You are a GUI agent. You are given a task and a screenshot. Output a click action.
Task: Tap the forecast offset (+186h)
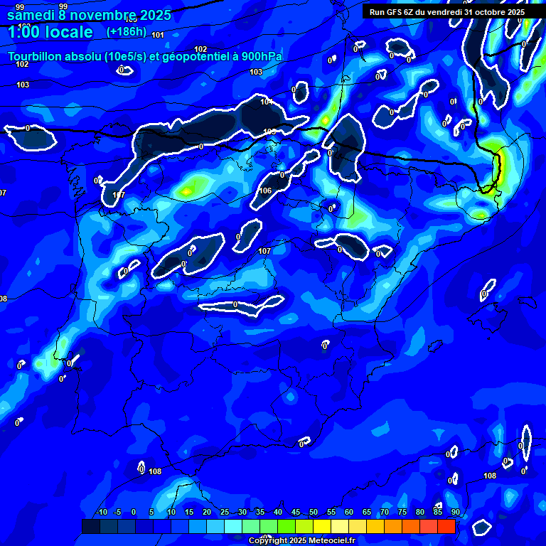pyautogui.click(x=126, y=31)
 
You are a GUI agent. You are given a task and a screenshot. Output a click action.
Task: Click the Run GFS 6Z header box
pyautogui.click(x=447, y=12)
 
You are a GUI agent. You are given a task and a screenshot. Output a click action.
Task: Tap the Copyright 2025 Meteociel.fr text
pyautogui.click(x=301, y=540)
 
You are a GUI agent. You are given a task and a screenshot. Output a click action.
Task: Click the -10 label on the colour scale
pyautogui.click(x=101, y=512)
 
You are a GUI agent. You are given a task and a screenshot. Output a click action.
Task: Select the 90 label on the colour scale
pyautogui.click(x=455, y=512)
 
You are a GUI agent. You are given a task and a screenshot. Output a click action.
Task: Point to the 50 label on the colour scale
pyautogui.click(x=313, y=512)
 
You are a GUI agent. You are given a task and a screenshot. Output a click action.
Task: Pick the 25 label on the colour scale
pyautogui.click(x=224, y=512)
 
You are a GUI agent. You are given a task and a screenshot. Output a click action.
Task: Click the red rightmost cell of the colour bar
pyautogui.click(x=446, y=526)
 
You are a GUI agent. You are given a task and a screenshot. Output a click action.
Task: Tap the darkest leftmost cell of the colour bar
pyautogui.click(x=90, y=526)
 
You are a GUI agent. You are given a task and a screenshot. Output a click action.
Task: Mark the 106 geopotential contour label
pyautogui.click(x=265, y=191)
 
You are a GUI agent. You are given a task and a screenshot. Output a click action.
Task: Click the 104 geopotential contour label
pyautogui.click(x=266, y=102)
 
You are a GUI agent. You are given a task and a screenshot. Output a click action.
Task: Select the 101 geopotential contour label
pyautogui.click(x=157, y=35)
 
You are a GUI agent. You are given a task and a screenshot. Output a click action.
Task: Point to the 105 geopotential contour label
pyautogui.click(x=269, y=132)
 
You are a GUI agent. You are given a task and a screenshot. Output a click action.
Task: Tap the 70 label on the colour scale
pyautogui.click(x=384, y=512)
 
